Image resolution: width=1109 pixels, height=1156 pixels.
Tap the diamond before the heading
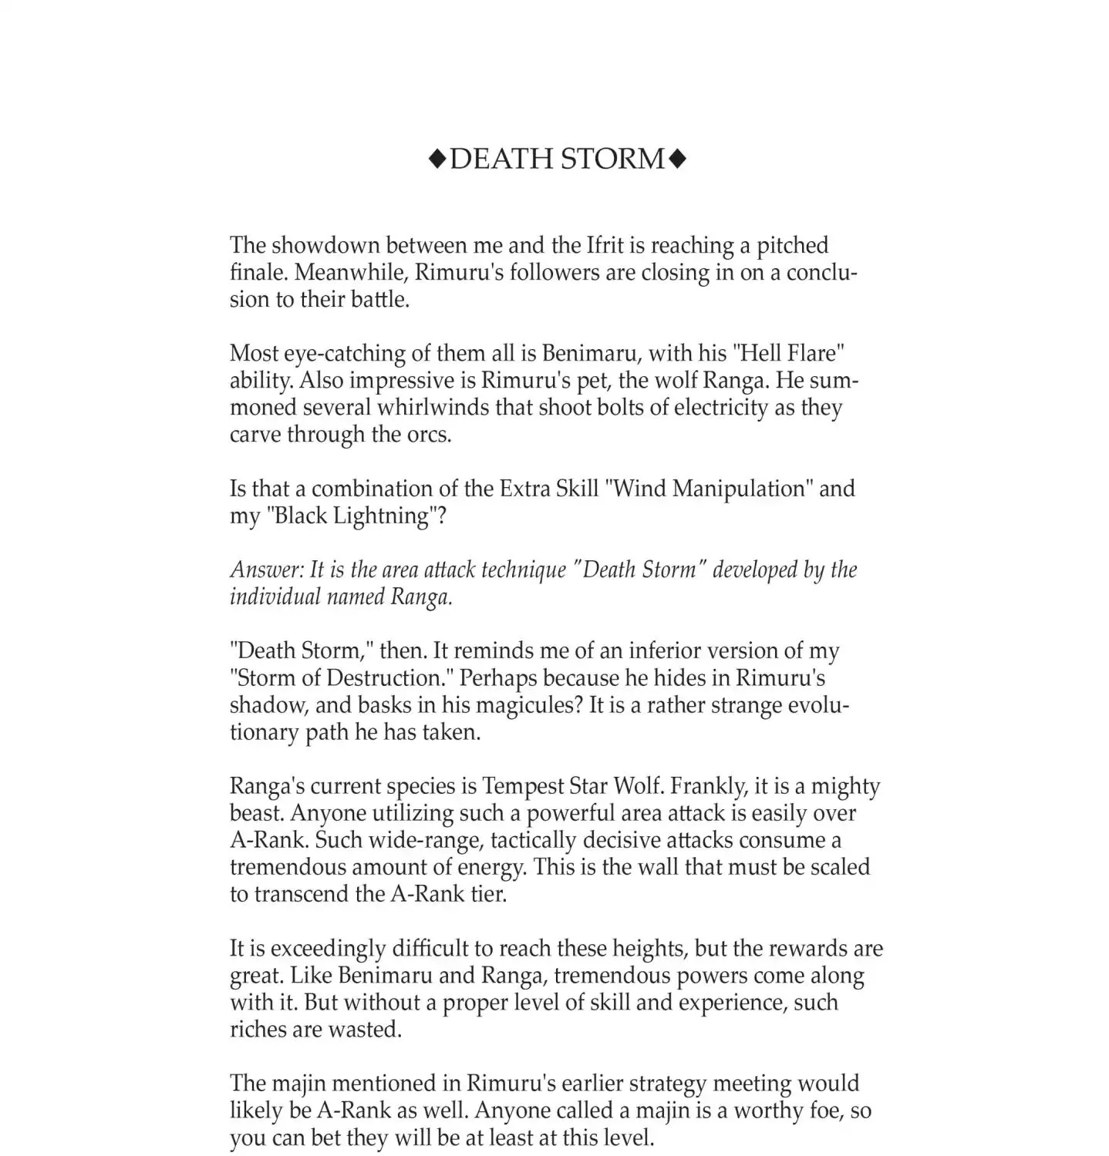coord(437,159)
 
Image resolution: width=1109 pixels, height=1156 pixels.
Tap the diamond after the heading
coord(677,159)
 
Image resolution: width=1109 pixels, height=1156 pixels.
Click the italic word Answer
coord(267,570)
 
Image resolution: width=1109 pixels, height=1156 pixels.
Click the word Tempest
coord(523,786)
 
